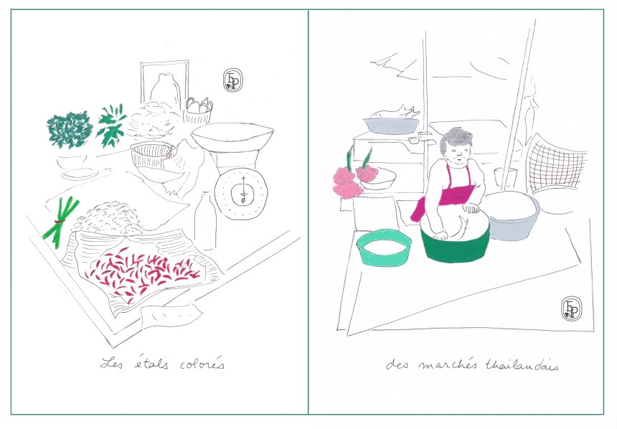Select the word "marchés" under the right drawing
pos(443,365)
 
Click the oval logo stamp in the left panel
pos(232,81)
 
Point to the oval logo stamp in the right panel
pos(570,308)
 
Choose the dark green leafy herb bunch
pos(70,129)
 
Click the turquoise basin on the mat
pos(385,247)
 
